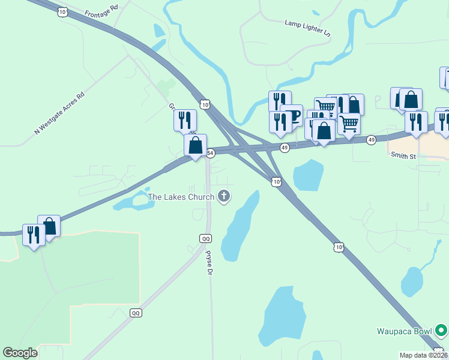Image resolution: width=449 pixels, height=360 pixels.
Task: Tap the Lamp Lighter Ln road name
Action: (307, 26)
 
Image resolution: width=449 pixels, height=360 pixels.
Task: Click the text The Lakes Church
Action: (181, 196)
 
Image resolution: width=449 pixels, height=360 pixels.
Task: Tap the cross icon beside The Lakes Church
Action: (224, 196)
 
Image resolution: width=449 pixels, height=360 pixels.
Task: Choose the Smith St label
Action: (404, 155)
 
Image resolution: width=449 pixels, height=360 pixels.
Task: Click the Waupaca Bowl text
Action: (405, 331)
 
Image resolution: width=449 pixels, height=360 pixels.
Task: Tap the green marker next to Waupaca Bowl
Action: (441, 330)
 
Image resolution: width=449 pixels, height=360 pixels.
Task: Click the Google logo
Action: (20, 353)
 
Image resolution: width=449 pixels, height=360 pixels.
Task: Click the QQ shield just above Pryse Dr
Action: (206, 238)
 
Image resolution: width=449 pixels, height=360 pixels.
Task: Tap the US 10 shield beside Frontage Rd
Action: (63, 11)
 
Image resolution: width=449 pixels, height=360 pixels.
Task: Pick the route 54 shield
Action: (211, 153)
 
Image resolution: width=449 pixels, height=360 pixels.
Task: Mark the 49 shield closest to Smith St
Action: (372, 140)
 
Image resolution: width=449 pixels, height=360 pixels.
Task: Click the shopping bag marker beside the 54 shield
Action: (195, 145)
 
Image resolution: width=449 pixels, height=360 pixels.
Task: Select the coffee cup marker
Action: (292, 115)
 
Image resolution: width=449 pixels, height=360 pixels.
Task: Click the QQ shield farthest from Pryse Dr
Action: (136, 313)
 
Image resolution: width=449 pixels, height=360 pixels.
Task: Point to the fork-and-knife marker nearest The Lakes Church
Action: (185, 120)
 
